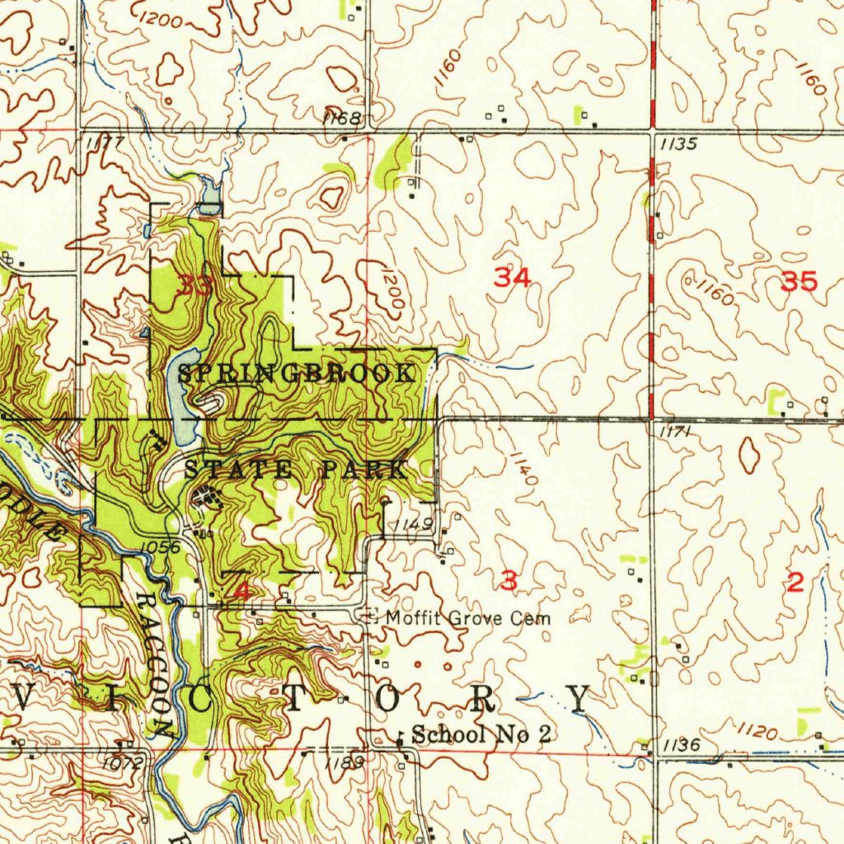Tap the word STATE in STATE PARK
pos(237,471)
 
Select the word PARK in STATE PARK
pos(363,471)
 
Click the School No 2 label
pos(481,735)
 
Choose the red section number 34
pos(512,278)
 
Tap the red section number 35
pos(799,283)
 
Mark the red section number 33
pos(195,286)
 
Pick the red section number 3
pos(509,581)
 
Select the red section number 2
pos(795,584)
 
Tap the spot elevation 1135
pos(679,144)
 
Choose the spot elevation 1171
pos(674,431)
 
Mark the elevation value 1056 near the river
pos(160,546)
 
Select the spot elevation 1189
pos(343,763)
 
